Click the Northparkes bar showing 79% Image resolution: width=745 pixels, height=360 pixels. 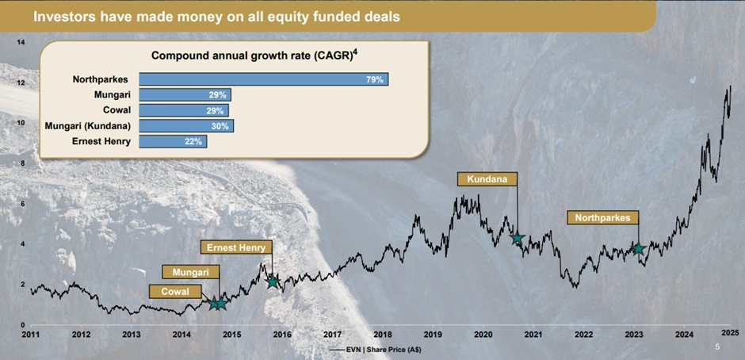[x=264, y=79]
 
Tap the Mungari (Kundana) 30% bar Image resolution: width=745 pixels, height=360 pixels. [x=186, y=125]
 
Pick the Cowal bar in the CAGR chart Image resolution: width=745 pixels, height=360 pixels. [x=184, y=110]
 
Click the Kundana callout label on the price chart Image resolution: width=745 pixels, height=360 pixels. [x=487, y=178]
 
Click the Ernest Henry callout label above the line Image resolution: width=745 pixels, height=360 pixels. [x=236, y=247]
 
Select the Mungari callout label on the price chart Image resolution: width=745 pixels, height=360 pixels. [x=190, y=272]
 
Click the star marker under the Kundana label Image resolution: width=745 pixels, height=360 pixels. [x=517, y=238]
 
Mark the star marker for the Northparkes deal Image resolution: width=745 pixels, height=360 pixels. [x=638, y=249]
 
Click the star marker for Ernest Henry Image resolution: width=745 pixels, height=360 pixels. [x=273, y=281]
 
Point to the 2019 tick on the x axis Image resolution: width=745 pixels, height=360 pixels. [x=433, y=335]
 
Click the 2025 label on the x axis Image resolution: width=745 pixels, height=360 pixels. [x=729, y=331]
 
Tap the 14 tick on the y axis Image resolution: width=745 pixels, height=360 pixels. [x=21, y=41]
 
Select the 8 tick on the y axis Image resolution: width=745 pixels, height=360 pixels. [x=24, y=163]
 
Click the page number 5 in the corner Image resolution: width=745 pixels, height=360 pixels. [x=717, y=347]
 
